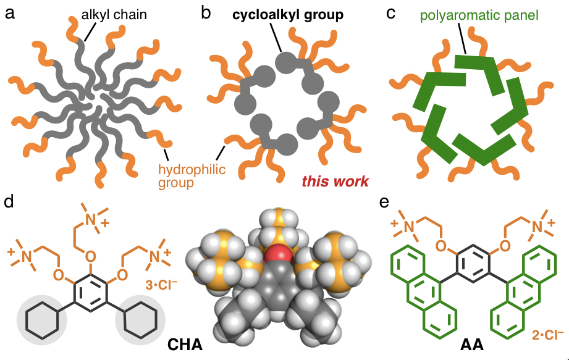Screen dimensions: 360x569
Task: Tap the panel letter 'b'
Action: pos(206,14)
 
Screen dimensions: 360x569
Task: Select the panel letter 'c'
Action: pos(390,14)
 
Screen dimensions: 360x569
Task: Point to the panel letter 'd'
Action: pos(9,203)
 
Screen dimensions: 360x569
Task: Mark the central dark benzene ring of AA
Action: pos(471,265)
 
